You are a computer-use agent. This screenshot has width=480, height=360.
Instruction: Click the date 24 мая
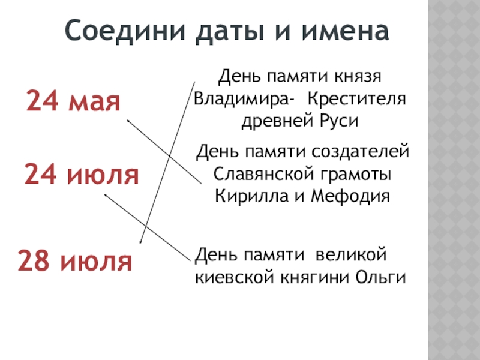point(73,103)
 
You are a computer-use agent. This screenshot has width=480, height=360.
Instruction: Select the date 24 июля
point(82,175)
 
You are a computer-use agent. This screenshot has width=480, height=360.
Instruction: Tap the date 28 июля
point(74,261)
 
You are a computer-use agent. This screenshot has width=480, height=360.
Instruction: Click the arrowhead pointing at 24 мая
point(128,119)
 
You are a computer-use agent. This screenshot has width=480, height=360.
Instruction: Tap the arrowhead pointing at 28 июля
point(140,242)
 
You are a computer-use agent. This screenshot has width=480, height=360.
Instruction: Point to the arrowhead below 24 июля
point(106,194)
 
